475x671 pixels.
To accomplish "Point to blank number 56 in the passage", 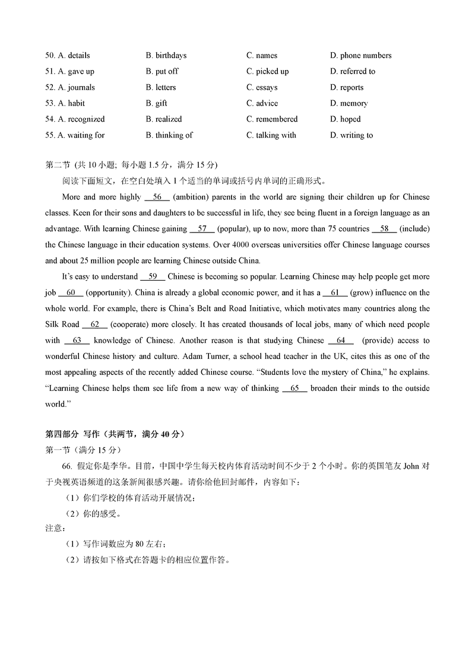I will coord(157,197).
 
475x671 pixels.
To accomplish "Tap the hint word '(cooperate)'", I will coord(131,325).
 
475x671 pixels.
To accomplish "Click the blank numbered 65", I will coord(295,389).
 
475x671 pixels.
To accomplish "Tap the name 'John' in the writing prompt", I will coord(411,466).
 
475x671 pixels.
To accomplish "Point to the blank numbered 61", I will coord(335,292).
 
